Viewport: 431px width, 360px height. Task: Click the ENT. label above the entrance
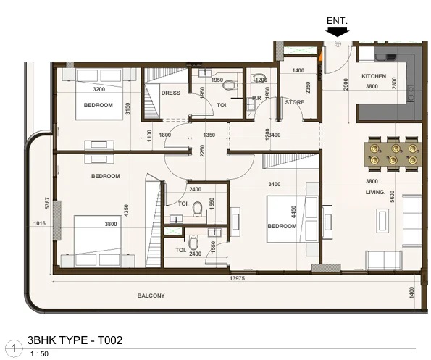[x=338, y=22]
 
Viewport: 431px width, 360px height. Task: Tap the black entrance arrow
[x=338, y=32]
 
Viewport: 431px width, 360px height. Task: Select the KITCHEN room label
[x=374, y=76]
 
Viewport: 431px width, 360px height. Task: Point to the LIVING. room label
[x=375, y=192]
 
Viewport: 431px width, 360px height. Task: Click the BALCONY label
[x=151, y=296]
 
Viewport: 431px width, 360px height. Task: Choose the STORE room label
[x=295, y=102]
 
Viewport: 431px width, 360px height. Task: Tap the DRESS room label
[x=171, y=93]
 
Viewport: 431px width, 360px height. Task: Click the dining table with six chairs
[x=393, y=154]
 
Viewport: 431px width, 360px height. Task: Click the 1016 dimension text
[x=40, y=224]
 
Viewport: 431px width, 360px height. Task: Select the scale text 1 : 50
[x=40, y=353]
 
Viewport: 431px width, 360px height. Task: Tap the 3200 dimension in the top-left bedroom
[x=99, y=90]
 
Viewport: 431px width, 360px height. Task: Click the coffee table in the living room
[x=382, y=220]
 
